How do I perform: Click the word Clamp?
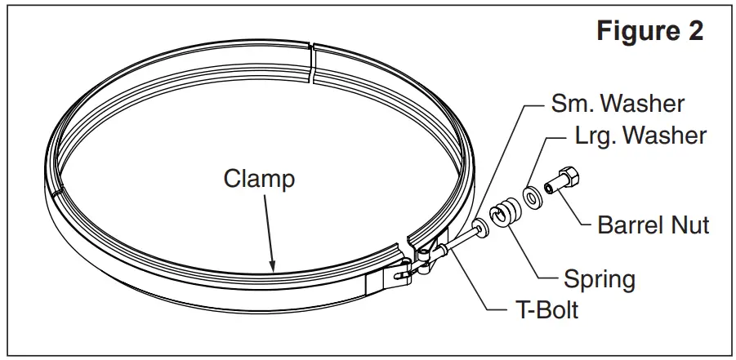coord(259,179)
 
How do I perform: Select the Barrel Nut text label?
coord(653,224)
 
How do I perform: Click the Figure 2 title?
coord(649,32)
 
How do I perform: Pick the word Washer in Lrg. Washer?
coord(664,135)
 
